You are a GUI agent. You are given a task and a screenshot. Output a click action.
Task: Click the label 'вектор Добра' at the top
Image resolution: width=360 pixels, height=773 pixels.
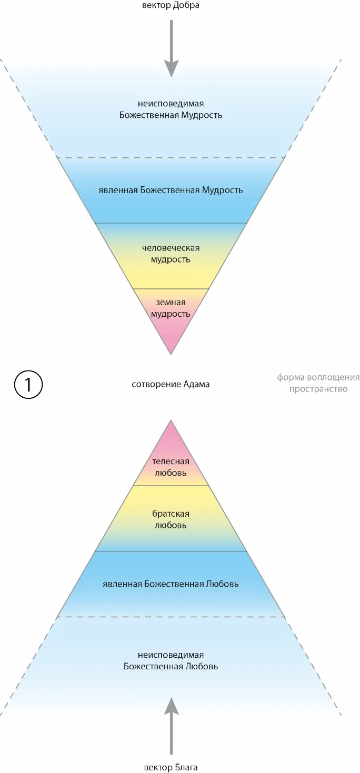tap(171, 6)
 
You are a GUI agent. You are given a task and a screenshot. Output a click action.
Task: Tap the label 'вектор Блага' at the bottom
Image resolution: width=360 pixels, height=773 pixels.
tap(171, 767)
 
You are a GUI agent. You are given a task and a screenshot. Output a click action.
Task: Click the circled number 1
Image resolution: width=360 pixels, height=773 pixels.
tap(27, 385)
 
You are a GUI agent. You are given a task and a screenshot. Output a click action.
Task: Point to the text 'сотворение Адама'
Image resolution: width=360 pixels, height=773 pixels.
tap(171, 384)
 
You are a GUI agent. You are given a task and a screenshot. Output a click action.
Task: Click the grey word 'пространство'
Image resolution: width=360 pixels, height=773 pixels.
tap(318, 389)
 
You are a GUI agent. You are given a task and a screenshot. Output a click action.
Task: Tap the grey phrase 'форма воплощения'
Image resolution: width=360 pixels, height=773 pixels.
tap(318, 377)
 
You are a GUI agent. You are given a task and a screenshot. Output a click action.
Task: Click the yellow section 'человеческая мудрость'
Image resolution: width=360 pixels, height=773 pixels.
tap(171, 254)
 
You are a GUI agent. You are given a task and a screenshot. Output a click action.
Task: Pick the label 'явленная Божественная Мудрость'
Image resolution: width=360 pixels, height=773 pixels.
tap(171, 190)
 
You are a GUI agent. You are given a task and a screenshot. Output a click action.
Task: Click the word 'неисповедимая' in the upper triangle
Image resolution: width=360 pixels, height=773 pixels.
tap(171, 104)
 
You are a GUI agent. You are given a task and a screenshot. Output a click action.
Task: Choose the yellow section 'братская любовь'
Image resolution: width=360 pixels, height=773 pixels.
tap(171, 519)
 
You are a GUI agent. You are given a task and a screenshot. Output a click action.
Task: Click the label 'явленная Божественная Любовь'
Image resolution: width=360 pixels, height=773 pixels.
tap(171, 584)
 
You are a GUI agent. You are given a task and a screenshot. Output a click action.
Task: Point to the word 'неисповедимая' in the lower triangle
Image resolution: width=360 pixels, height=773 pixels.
tap(171, 655)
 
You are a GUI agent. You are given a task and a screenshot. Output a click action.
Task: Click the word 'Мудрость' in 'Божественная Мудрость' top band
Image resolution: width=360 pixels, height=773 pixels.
tap(202, 115)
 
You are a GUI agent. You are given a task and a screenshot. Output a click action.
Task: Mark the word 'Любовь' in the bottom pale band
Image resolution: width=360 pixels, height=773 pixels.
tap(202, 666)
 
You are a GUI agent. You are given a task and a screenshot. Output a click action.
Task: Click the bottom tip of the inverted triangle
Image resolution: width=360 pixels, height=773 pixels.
tap(171, 353)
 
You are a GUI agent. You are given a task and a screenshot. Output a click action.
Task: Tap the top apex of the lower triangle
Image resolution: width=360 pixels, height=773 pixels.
tap(171, 421)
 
